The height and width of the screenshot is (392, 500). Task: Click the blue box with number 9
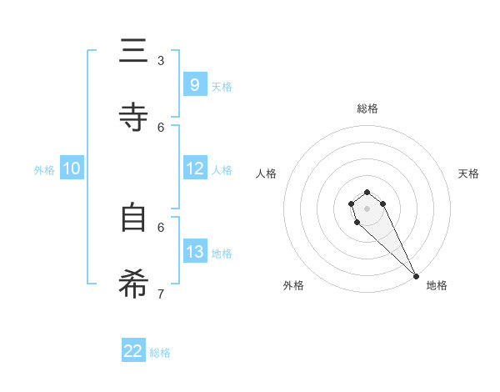pos(194,85)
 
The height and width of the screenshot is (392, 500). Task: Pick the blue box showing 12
pos(194,168)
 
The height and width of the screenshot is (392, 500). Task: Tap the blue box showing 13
pos(194,252)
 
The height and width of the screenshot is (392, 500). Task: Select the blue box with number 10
pos(71,168)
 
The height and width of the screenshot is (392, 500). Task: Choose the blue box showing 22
pos(133,351)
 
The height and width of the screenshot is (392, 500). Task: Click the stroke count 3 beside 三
pos(161,61)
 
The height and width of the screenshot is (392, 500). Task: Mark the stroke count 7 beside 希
pos(161,294)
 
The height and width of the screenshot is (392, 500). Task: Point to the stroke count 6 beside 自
pos(161,227)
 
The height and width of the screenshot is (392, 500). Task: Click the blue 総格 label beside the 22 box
pos(160,353)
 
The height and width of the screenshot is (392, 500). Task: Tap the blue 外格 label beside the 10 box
pos(44,170)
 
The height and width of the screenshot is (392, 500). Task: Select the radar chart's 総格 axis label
pos(367,108)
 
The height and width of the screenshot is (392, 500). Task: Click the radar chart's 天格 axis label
pos(468,173)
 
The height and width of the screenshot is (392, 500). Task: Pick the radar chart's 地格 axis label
pos(437,285)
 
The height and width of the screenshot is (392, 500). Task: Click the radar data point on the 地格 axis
pos(416,276)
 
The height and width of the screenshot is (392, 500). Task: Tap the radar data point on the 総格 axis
pos(367,193)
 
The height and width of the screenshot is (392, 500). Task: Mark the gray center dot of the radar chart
pos(367,209)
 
